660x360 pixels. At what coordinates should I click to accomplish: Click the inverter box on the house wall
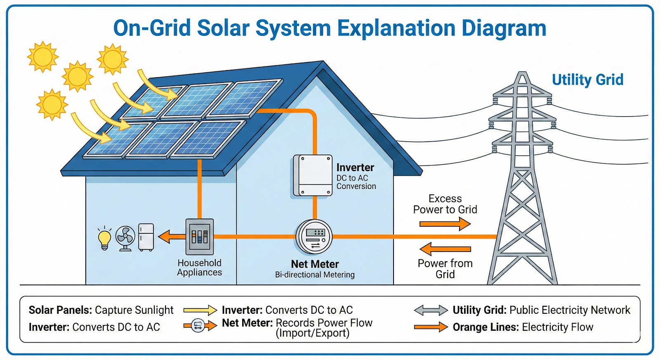pos(313,175)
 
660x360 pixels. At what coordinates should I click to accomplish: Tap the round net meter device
pos(314,237)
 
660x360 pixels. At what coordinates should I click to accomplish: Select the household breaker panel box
pos(200,237)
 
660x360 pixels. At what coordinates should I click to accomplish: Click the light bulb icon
pos(104,239)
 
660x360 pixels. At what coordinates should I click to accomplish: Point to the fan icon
pos(125,238)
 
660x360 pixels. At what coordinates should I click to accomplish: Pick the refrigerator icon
pos(146,237)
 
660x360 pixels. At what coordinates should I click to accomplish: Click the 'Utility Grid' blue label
pos(587,80)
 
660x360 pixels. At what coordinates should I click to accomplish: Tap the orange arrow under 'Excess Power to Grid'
pos(445,224)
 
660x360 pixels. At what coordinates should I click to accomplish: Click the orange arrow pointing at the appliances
pos(172,237)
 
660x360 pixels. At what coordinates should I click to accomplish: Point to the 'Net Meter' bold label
pos(315,264)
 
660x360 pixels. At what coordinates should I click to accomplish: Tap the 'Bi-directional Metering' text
pos(315,275)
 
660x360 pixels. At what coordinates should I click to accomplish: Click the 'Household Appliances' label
pos(200,268)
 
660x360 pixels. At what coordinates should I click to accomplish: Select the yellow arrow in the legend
pos(200,310)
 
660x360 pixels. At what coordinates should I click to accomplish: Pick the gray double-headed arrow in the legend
pos(431,310)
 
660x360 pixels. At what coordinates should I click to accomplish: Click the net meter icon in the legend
pos(198,326)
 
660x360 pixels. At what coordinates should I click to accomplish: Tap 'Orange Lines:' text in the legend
pos(485,327)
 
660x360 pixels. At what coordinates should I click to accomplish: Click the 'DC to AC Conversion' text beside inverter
pos(356,182)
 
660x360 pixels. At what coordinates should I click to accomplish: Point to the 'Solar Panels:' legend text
pos(60,310)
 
